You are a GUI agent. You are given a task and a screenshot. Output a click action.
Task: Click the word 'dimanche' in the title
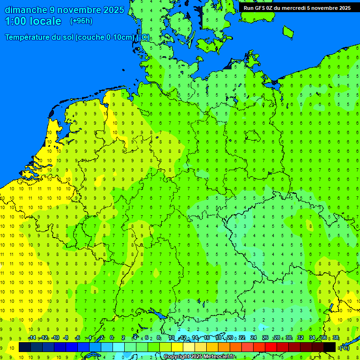pos(26,10)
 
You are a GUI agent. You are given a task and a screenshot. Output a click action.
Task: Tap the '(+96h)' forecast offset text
pos(81,21)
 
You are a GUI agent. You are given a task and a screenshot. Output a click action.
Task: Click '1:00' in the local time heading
pos(15,21)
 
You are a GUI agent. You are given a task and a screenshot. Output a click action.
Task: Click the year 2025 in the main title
pos(114,10)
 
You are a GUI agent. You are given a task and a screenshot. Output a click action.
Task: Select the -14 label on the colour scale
pos(32,338)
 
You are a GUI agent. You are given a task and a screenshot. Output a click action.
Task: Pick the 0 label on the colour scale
pos(112,338)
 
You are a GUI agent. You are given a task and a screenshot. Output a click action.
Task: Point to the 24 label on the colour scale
pos(254,338)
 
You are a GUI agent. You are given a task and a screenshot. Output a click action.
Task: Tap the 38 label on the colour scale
pos(336,338)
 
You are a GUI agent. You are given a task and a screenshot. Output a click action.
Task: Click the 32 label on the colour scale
pos(300,338)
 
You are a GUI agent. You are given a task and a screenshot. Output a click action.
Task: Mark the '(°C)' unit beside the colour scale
pos(344,347)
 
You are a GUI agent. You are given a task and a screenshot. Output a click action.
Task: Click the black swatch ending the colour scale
pos(330,347)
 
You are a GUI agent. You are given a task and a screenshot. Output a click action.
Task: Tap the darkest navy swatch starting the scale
pos(25,347)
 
